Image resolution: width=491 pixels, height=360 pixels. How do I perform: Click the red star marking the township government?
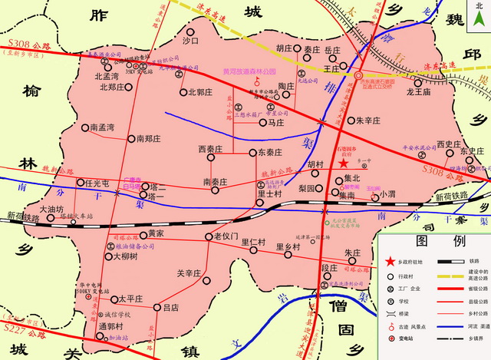coord(344,163)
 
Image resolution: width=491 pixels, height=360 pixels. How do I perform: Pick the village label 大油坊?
coord(51,209)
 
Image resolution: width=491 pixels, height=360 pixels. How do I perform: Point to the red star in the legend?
coord(390,261)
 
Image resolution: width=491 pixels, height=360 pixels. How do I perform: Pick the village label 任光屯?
coord(99,183)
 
